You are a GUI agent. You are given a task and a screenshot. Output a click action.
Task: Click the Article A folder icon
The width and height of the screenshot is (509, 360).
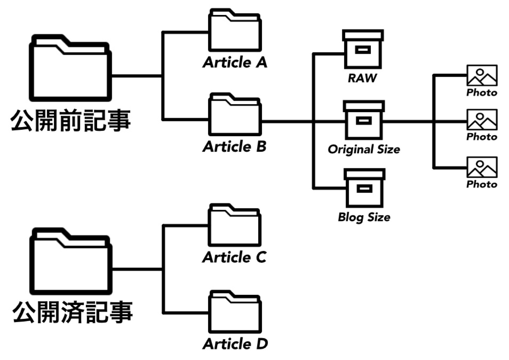point(234,32)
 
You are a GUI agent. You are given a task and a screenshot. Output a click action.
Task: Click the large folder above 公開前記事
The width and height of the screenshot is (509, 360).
point(71,70)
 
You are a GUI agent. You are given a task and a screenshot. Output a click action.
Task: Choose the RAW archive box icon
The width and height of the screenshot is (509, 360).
point(363,50)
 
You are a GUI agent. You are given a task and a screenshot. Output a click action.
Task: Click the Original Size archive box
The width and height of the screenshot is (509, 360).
point(364,120)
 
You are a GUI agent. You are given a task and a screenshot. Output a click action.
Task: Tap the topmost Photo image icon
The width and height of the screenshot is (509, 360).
point(482,75)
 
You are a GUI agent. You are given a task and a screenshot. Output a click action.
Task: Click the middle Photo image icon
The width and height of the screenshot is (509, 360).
point(482,120)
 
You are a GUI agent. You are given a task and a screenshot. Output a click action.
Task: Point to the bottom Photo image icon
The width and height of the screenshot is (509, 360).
point(482,167)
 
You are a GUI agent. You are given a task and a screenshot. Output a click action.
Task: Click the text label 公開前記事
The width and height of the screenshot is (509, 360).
point(71,121)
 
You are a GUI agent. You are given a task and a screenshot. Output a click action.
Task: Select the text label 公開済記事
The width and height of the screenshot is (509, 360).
point(72,312)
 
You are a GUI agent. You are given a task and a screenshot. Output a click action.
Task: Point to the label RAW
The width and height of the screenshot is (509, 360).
point(362,78)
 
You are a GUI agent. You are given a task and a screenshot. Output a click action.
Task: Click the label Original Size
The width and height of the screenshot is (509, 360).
point(364,149)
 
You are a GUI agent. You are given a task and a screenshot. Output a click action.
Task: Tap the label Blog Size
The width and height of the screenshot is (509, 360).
point(364,217)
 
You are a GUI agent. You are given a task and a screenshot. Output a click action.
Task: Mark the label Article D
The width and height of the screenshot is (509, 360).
point(235,344)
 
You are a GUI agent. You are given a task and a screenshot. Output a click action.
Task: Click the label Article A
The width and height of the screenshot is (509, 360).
point(235,62)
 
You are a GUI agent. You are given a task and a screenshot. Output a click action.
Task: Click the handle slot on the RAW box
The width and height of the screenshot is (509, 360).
point(363,50)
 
